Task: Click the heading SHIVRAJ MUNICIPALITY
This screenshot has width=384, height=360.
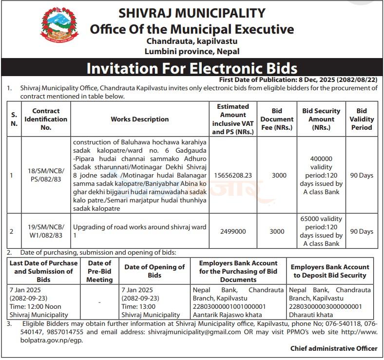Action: pyautogui.click(x=192, y=13)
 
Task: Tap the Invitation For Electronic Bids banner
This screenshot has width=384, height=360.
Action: pyautogui.click(x=192, y=67)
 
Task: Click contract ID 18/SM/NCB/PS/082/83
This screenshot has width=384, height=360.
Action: pyautogui.click(x=46, y=175)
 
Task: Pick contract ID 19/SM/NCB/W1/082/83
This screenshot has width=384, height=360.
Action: pyautogui.click(x=46, y=231)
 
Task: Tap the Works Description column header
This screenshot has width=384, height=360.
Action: pyautogui.click(x=140, y=119)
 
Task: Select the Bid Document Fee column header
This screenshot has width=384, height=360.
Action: pyautogui.click(x=277, y=119)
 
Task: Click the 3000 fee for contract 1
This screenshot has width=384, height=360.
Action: pyautogui.click(x=279, y=175)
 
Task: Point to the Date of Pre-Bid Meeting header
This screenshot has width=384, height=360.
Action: pyautogui.click(x=99, y=271)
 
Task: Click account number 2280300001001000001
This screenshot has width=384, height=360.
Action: pyautogui.click(x=229, y=306)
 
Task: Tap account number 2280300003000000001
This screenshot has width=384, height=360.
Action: pyautogui.click(x=325, y=306)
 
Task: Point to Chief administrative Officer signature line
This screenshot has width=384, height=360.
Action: pyautogui.click(x=334, y=348)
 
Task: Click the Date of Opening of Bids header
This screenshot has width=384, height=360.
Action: pyautogui.click(x=154, y=271)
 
